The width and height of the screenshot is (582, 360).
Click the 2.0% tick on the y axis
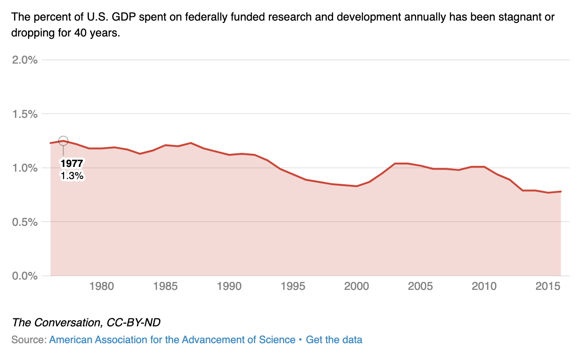[25, 60]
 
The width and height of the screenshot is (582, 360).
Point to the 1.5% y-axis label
[25, 114]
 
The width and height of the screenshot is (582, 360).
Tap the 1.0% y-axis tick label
[25, 168]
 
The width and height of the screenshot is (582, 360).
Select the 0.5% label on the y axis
[25, 222]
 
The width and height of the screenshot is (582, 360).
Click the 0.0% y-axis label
[25, 275]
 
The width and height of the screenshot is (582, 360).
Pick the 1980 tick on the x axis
[102, 286]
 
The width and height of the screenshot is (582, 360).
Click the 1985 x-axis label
[165, 286]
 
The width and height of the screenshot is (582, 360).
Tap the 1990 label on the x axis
[229, 286]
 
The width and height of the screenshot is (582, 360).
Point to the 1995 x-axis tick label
[293, 286]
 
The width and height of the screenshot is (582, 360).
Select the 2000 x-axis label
[357, 286]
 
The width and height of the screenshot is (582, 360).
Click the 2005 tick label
[421, 286]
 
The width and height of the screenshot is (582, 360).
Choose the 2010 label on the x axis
[484, 286]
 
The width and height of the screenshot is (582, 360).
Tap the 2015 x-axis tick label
[548, 286]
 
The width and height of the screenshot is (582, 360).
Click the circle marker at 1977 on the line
[64, 141]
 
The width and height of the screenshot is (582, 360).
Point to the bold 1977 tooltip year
[72, 164]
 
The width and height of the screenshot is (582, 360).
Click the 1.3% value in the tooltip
[72, 176]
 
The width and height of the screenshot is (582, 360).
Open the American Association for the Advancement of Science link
[172, 340]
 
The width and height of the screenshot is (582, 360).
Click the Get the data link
[334, 340]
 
